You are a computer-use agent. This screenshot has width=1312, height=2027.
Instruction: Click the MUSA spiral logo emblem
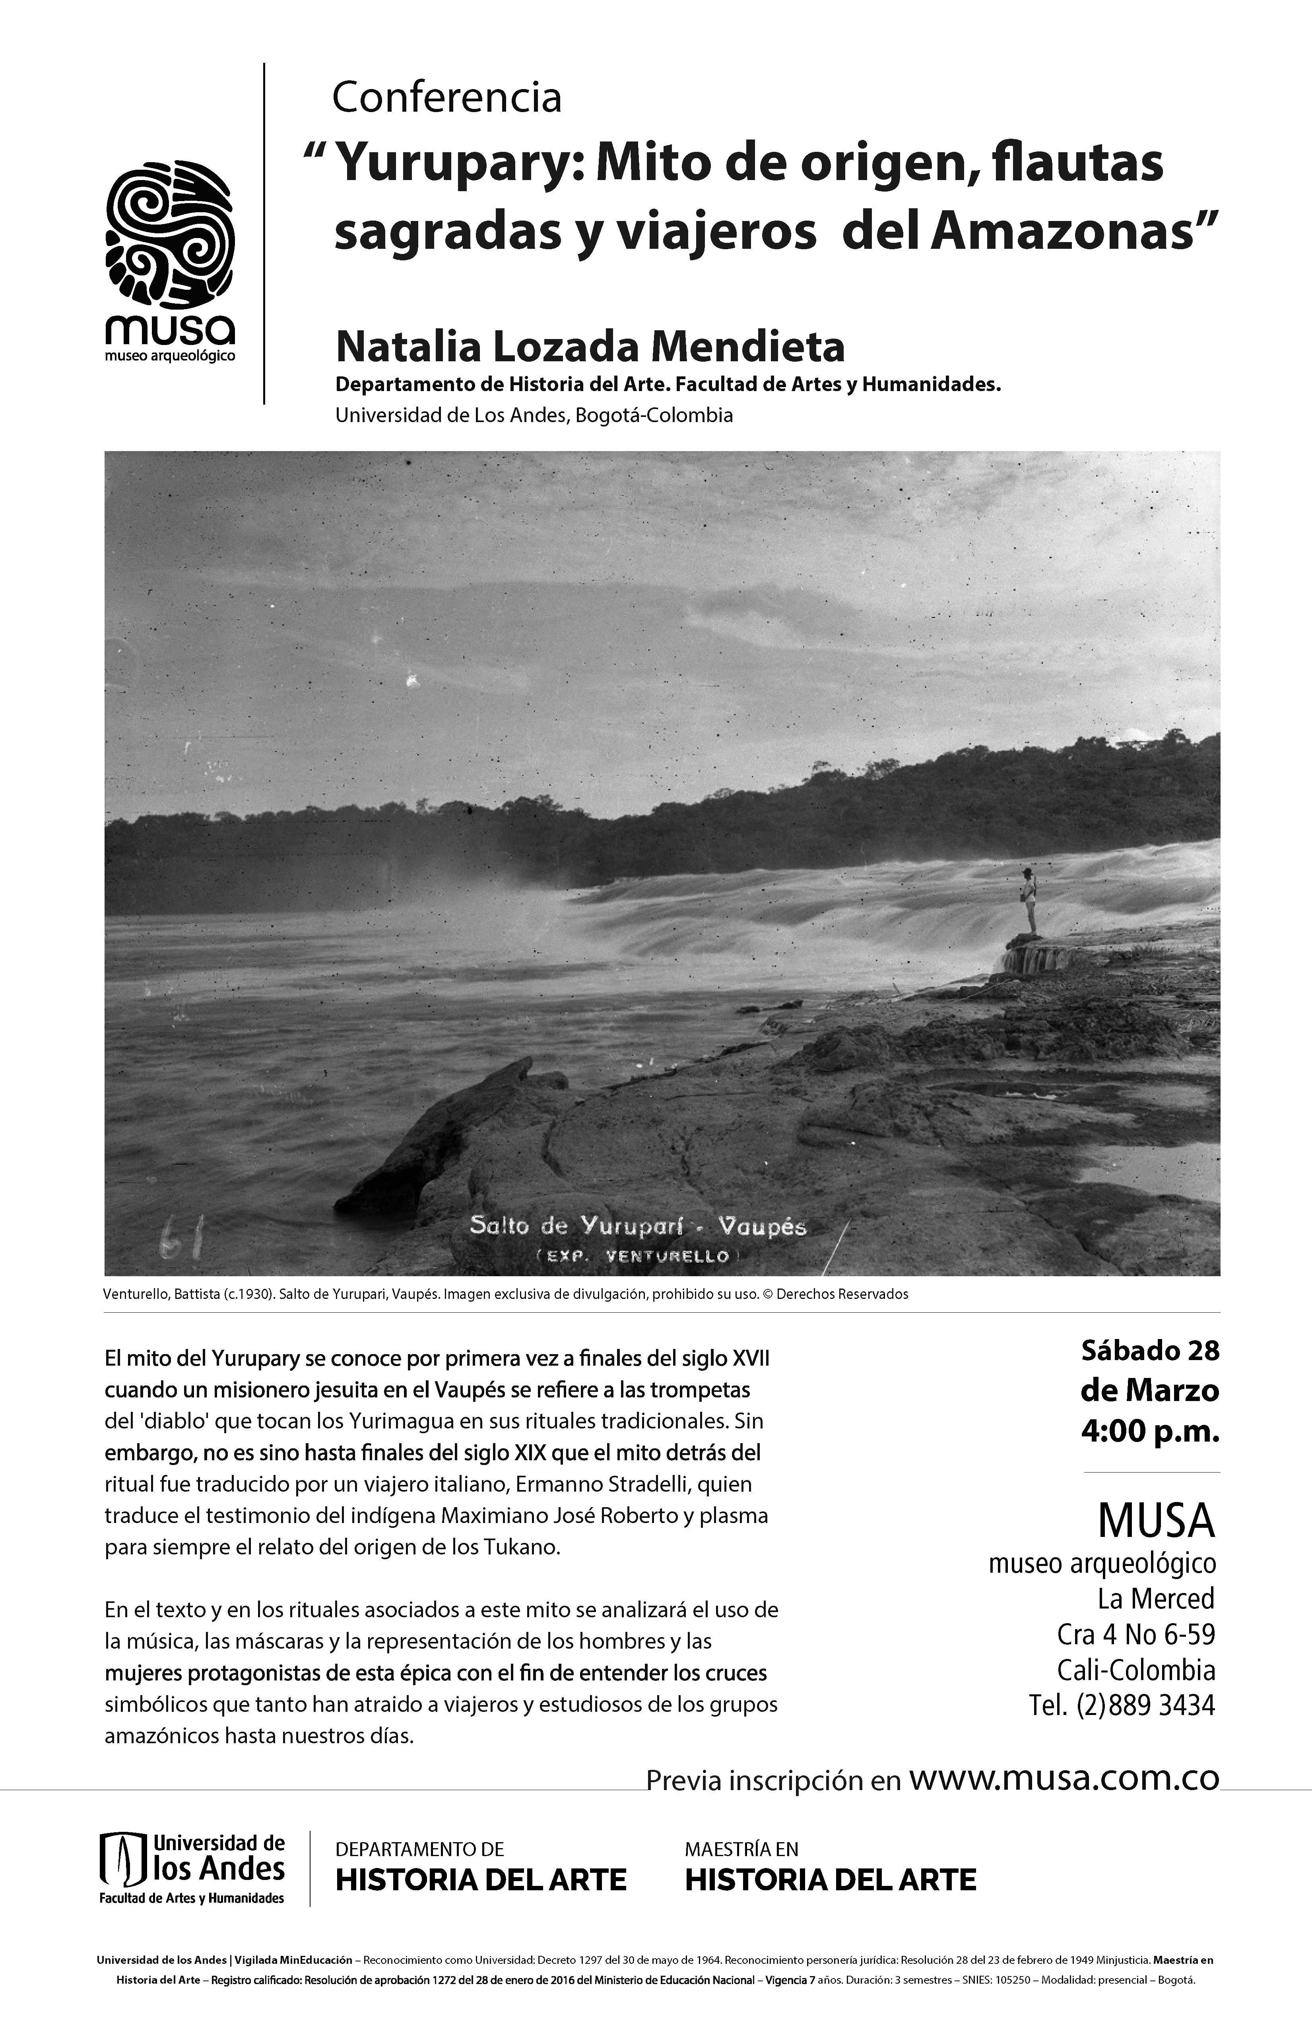pyautogui.click(x=171, y=234)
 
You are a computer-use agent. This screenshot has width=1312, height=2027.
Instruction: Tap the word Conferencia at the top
pyautogui.click(x=446, y=99)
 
